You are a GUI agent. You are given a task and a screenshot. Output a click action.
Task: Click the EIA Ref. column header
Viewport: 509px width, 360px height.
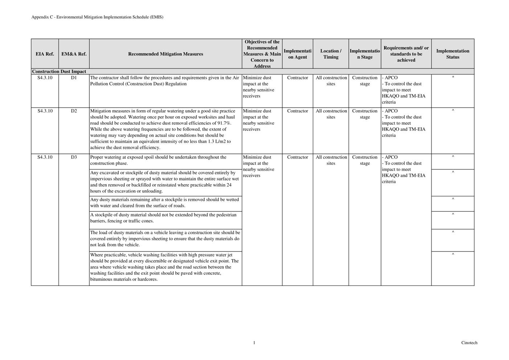[x=45, y=54]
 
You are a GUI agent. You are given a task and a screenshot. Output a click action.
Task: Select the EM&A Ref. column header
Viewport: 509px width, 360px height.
[x=74, y=54]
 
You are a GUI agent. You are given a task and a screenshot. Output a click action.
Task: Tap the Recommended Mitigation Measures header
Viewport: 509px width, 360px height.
[x=165, y=54]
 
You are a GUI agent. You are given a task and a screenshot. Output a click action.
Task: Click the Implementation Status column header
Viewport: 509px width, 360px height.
[x=452, y=54]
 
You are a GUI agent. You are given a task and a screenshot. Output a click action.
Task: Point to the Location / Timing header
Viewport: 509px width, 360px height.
[x=331, y=54]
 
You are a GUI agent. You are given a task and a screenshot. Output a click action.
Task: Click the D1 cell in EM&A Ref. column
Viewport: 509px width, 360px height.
[x=74, y=78]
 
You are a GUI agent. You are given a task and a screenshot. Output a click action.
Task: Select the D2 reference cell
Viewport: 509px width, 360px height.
[x=74, y=111]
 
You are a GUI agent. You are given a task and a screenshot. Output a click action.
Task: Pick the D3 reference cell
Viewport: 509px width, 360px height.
[x=74, y=157]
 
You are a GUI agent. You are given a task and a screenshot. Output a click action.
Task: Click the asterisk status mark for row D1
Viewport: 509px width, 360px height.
[x=453, y=78]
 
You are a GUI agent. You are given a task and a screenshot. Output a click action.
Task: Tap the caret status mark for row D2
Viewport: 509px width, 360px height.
[x=453, y=110]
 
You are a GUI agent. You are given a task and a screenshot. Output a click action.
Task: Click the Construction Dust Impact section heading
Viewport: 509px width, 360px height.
[x=59, y=71]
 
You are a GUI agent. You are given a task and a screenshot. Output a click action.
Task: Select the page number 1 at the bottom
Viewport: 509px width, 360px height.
[x=254, y=343]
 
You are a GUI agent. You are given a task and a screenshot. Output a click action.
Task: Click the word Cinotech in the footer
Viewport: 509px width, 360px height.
[x=469, y=343]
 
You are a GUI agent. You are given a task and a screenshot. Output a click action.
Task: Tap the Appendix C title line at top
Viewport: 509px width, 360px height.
[x=97, y=17]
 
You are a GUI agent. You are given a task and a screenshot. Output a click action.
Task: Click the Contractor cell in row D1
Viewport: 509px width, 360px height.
[x=297, y=78]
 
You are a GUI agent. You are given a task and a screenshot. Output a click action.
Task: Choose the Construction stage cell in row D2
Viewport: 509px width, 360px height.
[x=365, y=114]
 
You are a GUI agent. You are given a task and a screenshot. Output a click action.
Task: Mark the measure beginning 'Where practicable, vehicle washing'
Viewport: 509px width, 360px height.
[x=165, y=267]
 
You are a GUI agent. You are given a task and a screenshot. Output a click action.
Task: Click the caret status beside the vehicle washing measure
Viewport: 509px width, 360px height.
[x=453, y=255]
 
